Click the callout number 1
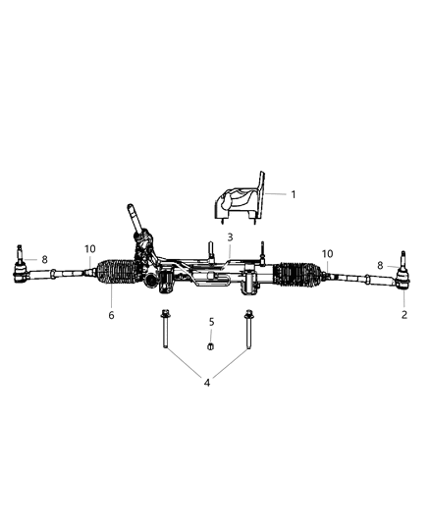[293, 194]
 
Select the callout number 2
[403, 315]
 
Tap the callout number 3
[229, 237]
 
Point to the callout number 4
[206, 382]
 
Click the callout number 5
[210, 322]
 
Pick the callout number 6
[111, 315]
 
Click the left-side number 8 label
[44, 260]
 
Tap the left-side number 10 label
[89, 248]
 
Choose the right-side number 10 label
[327, 252]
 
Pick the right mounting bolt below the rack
[248, 333]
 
